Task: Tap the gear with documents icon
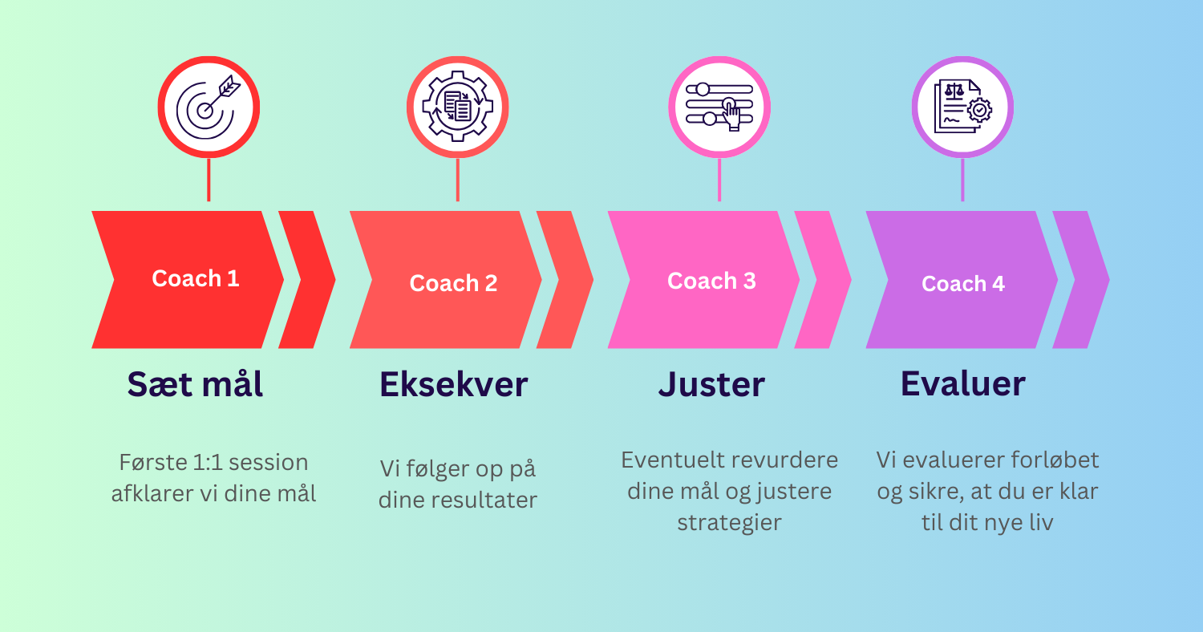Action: [458, 107]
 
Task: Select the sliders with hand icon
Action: [719, 107]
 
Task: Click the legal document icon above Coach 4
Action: [963, 107]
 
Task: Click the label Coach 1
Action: [196, 278]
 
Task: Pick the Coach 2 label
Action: [453, 283]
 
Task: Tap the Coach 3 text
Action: [711, 281]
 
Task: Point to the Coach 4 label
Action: [963, 283]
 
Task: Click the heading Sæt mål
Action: [195, 384]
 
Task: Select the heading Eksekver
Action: [454, 384]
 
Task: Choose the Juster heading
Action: [711, 384]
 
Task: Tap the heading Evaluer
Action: [963, 384]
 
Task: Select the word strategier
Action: [729, 522]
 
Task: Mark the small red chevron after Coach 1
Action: [306, 280]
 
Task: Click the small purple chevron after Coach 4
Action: [1080, 280]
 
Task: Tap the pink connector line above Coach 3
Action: [719, 180]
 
